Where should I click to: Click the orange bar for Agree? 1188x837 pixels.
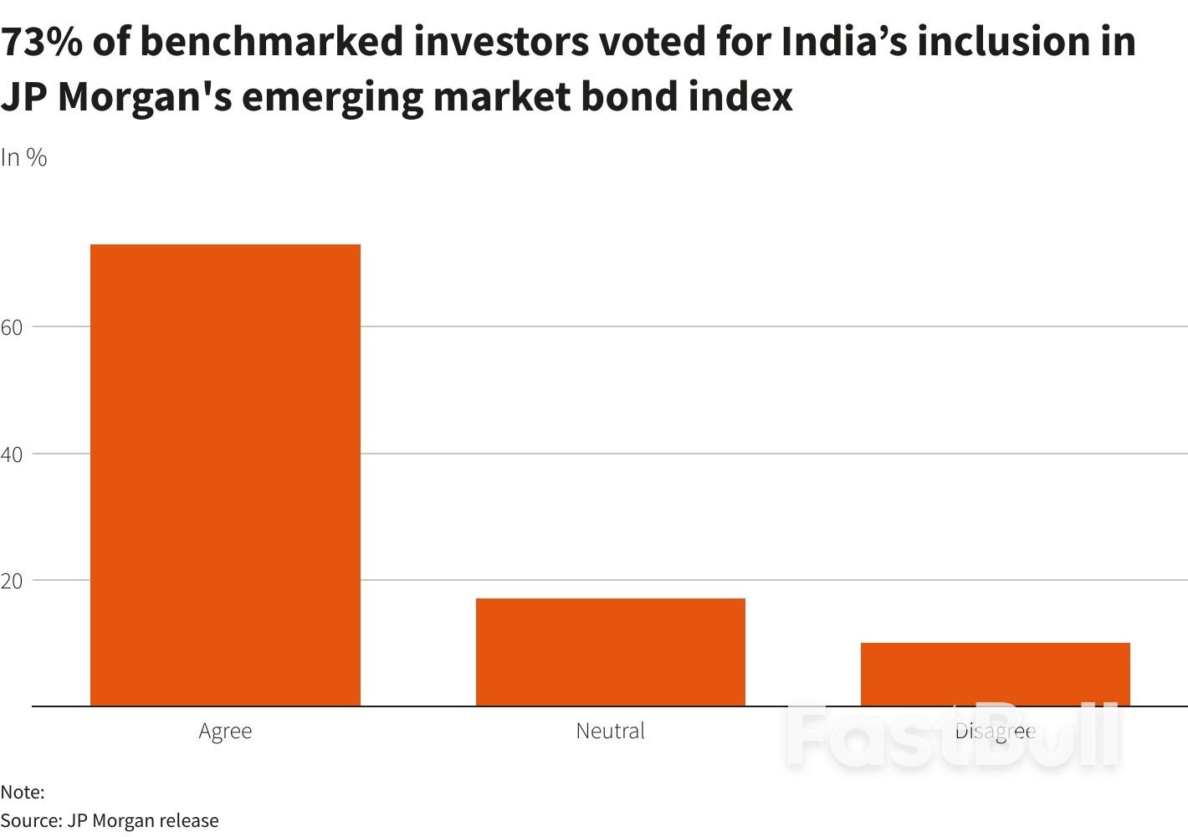click(225, 475)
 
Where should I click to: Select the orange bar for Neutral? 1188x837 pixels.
click(610, 652)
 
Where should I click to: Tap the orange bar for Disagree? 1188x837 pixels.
click(995, 674)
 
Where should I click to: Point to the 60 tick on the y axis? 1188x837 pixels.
click(12, 327)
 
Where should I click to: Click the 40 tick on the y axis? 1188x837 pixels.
click(12, 454)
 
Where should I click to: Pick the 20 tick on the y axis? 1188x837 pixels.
click(12, 581)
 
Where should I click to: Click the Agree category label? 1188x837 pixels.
click(225, 731)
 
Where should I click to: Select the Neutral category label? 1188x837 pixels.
click(610, 731)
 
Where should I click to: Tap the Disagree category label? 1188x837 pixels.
click(995, 731)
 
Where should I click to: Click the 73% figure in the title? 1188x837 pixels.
click(41, 42)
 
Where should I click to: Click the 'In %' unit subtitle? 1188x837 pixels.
click(23, 157)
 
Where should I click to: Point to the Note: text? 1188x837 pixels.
click(23, 792)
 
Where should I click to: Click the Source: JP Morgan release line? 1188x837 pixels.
click(110, 820)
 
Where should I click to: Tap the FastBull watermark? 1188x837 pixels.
click(952, 735)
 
